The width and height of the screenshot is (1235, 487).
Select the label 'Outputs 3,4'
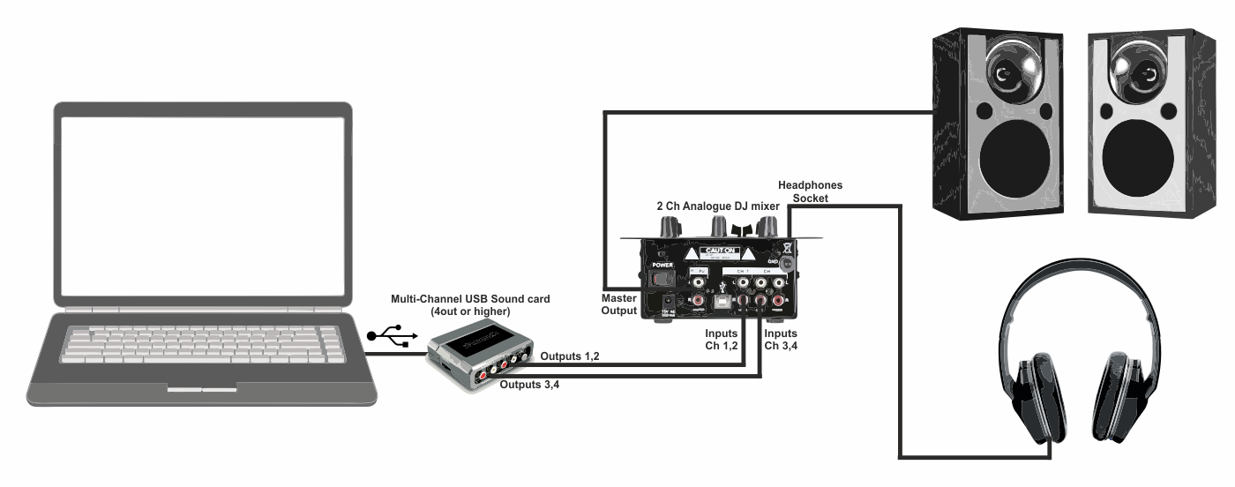tap(529, 385)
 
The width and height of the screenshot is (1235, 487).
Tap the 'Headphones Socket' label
tap(809, 191)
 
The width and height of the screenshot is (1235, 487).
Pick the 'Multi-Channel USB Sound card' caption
tap(471, 304)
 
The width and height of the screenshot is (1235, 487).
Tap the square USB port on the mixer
tap(722, 300)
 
